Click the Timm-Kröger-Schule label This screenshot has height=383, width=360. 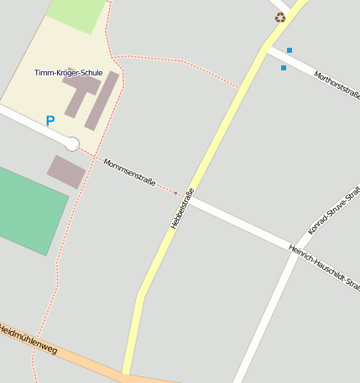(x=69, y=73)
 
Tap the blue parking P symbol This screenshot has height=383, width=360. (x=50, y=122)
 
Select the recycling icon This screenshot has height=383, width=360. (x=279, y=17)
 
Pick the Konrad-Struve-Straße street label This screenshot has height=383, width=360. (x=333, y=210)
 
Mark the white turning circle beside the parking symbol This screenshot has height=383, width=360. (x=72, y=144)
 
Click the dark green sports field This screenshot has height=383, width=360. (x=29, y=210)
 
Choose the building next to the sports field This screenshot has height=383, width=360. (x=66, y=171)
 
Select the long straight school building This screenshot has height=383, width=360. (x=102, y=101)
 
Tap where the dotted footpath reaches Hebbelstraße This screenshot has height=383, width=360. (x=240, y=87)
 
